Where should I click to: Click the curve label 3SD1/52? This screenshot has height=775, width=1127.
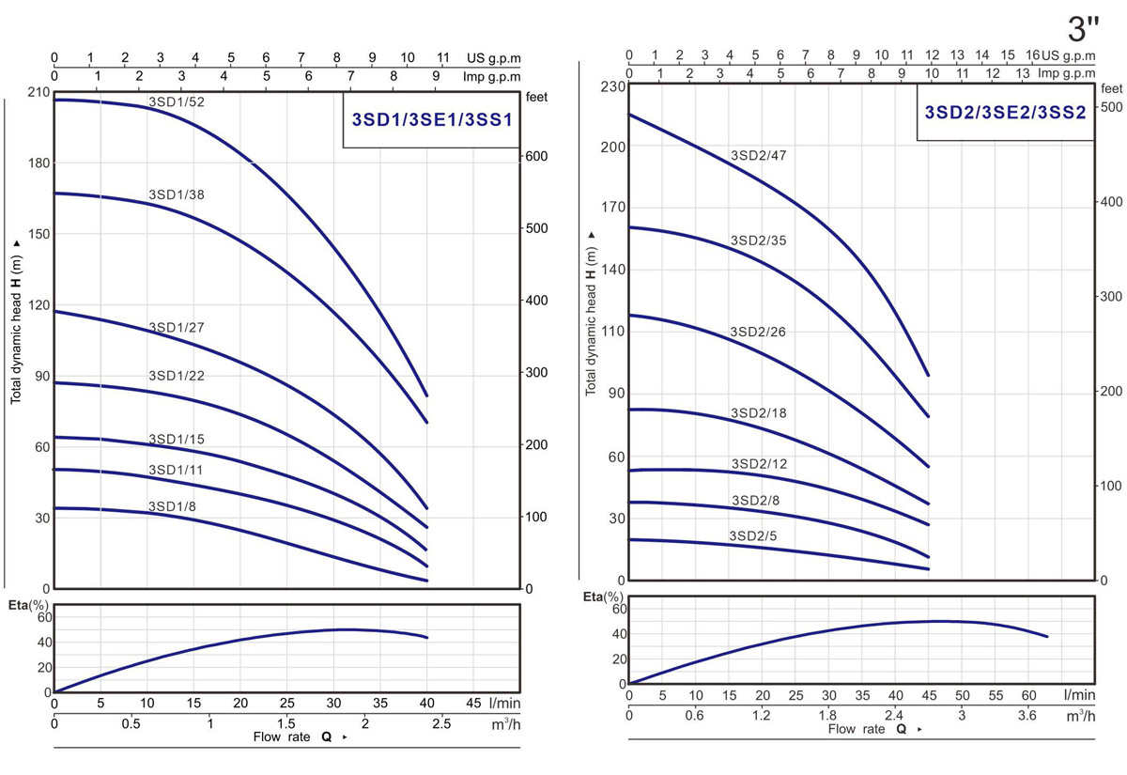tap(177, 101)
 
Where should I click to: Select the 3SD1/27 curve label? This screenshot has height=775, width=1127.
tap(177, 328)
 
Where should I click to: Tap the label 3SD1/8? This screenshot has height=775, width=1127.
tap(173, 506)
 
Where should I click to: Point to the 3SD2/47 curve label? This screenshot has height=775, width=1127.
tap(759, 156)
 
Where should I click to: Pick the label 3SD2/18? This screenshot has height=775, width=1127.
tap(759, 414)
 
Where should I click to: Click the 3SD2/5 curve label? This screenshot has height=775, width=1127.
tap(754, 535)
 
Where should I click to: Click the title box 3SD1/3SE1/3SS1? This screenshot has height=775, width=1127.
tap(430, 119)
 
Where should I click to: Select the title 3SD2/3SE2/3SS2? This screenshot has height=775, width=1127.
tap(1005, 113)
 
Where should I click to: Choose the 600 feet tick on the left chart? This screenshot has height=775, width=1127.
tap(536, 156)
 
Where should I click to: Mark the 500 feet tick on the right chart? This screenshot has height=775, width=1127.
tap(1110, 107)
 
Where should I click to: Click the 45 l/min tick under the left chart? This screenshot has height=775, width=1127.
tap(473, 703)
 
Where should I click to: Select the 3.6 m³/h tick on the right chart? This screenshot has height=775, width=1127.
tap(1027, 716)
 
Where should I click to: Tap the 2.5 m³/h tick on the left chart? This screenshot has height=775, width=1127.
tap(441, 723)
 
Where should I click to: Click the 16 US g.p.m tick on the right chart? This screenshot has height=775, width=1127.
tap(1032, 55)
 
